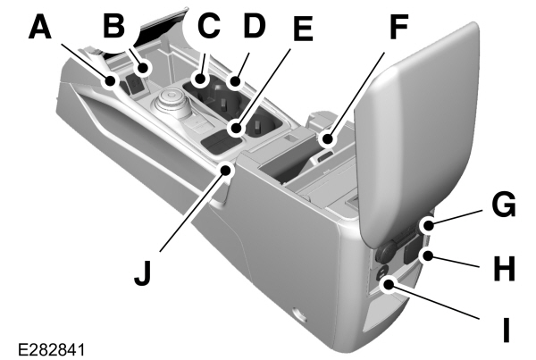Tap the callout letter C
tap(208, 24)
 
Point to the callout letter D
tap(255, 24)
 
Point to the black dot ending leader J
tap(230, 166)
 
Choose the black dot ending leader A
tap(111, 82)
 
